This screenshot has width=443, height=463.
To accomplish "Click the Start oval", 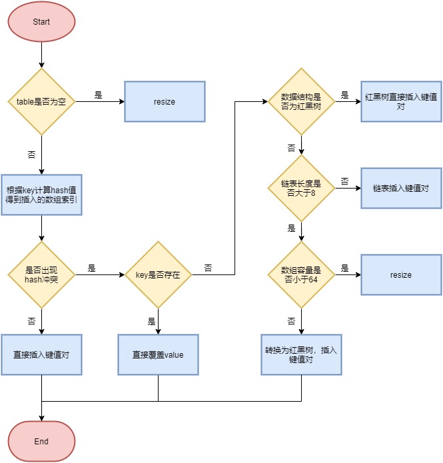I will tap(41, 21).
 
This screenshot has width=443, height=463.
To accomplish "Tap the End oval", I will tap(41, 441).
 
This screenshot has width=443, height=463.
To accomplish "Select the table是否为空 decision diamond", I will tap(41, 102).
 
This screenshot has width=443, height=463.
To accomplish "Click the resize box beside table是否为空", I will tap(165, 102).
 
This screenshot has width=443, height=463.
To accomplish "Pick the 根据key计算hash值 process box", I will tap(41, 195).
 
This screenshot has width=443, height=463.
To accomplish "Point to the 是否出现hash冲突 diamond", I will tap(41, 274).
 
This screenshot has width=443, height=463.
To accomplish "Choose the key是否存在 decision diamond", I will tap(158, 274).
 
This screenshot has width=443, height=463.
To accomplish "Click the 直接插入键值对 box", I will tap(41, 354).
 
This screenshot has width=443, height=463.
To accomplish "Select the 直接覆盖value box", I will tap(158, 354).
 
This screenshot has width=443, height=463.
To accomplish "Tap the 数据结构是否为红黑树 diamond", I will tap(301, 102).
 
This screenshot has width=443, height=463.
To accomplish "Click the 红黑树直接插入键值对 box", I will tap(401, 102).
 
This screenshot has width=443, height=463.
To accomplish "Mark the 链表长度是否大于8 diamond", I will tap(301, 188).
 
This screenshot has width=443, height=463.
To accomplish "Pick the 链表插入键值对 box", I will tap(401, 188).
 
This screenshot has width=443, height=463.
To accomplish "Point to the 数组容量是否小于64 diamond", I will tap(301, 274).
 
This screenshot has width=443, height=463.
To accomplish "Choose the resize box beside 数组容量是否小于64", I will tap(401, 274).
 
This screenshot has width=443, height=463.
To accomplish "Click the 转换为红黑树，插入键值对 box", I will tap(301, 354).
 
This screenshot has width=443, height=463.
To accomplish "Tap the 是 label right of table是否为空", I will tap(98, 95).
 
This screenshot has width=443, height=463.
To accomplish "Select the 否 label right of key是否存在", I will tap(209, 268).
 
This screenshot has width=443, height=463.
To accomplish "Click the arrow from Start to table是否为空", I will tap(41, 55).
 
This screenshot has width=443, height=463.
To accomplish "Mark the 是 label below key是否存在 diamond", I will tap(151, 321).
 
